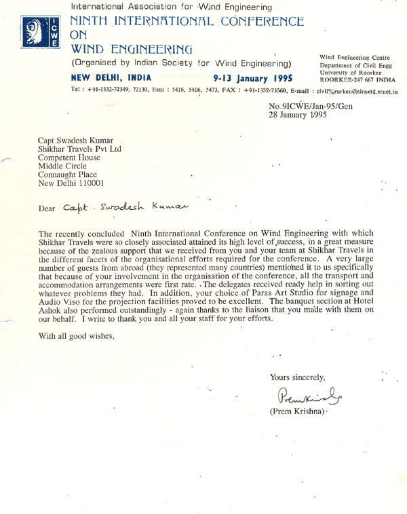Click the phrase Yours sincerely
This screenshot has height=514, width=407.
[x=297, y=377]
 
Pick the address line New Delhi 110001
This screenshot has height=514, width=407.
[x=71, y=183]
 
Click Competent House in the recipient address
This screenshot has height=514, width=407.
[x=71, y=154]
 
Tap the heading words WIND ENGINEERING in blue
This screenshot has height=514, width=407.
[x=132, y=49]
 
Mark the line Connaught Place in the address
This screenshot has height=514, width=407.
[x=69, y=173]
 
